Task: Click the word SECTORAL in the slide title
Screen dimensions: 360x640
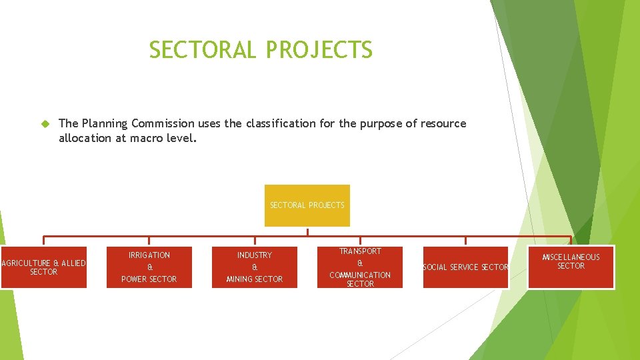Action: click(x=202, y=50)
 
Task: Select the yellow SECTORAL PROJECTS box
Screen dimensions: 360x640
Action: click(x=307, y=205)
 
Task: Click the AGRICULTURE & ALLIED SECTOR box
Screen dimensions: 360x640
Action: click(x=43, y=267)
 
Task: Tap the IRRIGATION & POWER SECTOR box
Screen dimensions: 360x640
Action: click(x=149, y=267)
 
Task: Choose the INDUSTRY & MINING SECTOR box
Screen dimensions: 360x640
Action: click(x=255, y=267)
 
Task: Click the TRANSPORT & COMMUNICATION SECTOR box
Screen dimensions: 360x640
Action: click(x=360, y=267)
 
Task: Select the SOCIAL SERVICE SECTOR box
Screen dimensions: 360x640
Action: click(x=465, y=267)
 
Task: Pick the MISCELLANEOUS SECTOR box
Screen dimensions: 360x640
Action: click(x=571, y=267)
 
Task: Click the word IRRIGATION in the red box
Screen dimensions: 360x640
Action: click(x=149, y=255)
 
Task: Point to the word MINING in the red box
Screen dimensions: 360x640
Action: click(x=240, y=279)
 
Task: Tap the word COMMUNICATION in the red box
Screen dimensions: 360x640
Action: click(x=360, y=275)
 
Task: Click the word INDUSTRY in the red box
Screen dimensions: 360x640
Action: click(x=255, y=255)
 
